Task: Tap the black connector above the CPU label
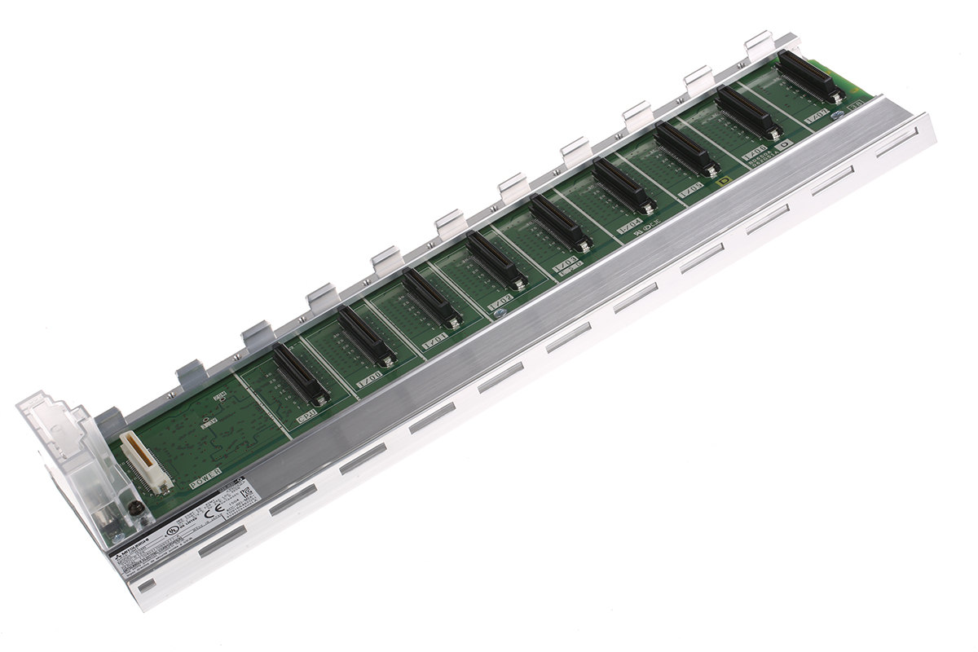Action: (301, 374)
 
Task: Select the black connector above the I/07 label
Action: (808, 77)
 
